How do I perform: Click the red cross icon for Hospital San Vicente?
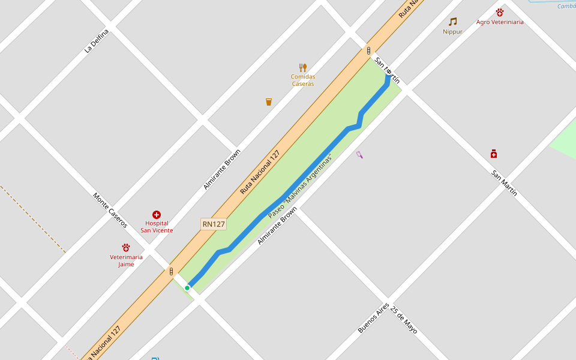point(157,215)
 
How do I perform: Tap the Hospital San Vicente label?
point(157,227)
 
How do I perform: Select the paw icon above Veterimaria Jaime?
point(126,247)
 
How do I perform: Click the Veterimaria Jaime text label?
point(126,260)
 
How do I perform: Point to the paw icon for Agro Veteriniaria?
point(500,12)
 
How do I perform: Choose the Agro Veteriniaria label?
point(500,22)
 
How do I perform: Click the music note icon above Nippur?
point(452,22)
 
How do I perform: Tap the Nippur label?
point(452,32)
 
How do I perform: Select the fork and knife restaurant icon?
point(303,67)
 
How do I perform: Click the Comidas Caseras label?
point(303,80)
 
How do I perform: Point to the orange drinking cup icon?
point(269,102)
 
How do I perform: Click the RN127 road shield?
point(214,224)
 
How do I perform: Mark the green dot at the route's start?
point(187,288)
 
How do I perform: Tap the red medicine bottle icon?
point(494,154)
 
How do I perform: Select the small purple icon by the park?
point(359,155)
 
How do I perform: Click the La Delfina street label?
point(97,41)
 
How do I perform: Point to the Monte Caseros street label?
point(110,210)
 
